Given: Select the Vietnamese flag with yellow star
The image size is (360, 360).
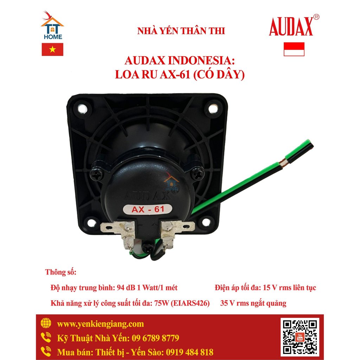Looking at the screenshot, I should click(52, 50).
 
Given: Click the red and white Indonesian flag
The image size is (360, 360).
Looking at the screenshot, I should click(294, 49).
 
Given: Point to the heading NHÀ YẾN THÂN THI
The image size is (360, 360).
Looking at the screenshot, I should click(181, 31).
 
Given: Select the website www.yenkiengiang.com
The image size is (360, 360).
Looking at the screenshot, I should click(100, 324).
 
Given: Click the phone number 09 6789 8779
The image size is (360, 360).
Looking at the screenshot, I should click(155, 338).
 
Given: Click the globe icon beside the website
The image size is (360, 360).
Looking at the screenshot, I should click(46, 323).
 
